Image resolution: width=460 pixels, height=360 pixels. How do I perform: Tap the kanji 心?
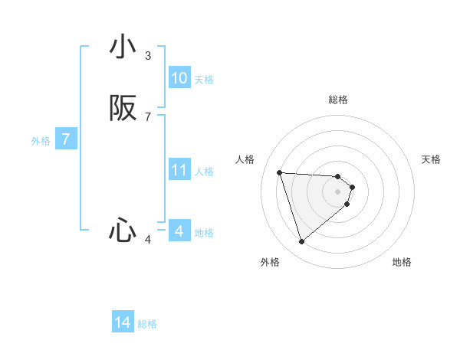123,230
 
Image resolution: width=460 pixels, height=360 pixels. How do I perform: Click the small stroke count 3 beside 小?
148,56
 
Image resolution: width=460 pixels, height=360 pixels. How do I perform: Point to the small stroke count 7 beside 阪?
148,116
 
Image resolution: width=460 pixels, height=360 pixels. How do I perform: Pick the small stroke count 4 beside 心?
148,240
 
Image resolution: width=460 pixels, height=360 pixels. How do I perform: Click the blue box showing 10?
179,78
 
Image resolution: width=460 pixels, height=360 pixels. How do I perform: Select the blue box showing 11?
179,170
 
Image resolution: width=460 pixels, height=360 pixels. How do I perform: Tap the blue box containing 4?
179,231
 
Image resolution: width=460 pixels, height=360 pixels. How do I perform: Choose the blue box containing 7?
67,139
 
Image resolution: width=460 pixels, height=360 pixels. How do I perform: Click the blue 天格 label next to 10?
204,79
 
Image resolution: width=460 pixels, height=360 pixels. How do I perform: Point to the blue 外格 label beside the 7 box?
41,140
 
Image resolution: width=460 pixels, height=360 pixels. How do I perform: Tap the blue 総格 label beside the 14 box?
147,323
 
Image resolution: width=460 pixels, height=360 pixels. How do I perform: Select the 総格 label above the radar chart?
338,100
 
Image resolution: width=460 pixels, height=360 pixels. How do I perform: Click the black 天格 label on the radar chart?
431,159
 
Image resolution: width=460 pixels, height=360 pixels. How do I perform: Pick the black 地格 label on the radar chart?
402,262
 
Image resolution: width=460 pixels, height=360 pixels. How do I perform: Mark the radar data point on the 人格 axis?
280,172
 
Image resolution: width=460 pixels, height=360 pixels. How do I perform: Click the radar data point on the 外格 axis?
301,242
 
